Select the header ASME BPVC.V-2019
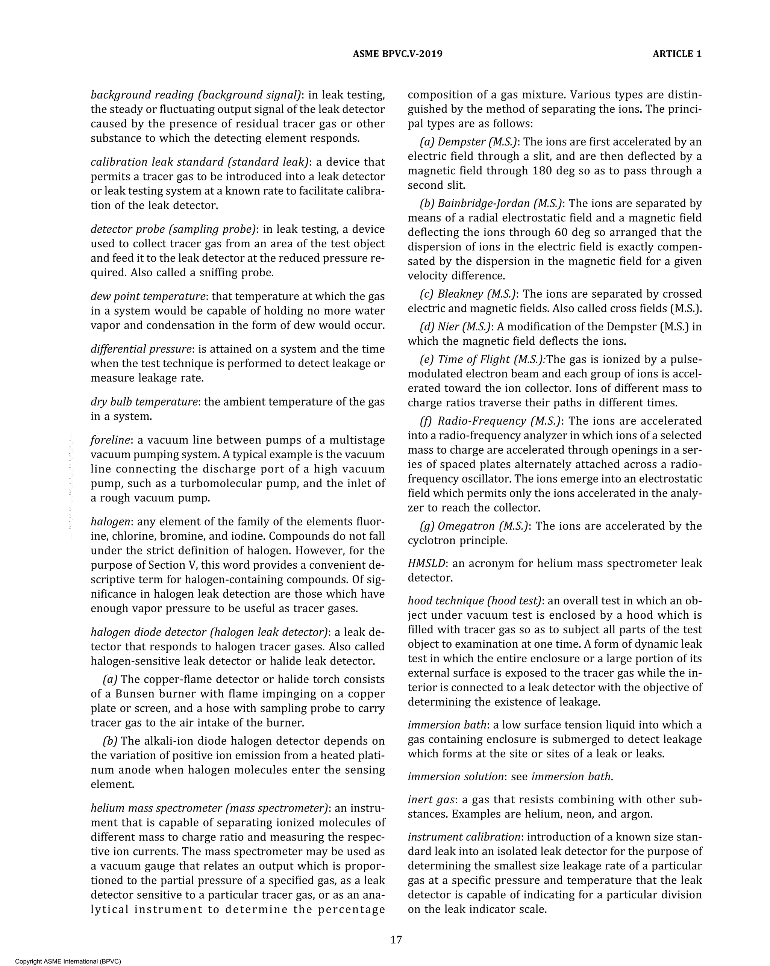point(397,54)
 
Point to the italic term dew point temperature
point(148,297)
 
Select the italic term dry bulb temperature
point(144,402)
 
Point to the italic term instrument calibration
point(464,837)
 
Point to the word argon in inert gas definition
point(637,814)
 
